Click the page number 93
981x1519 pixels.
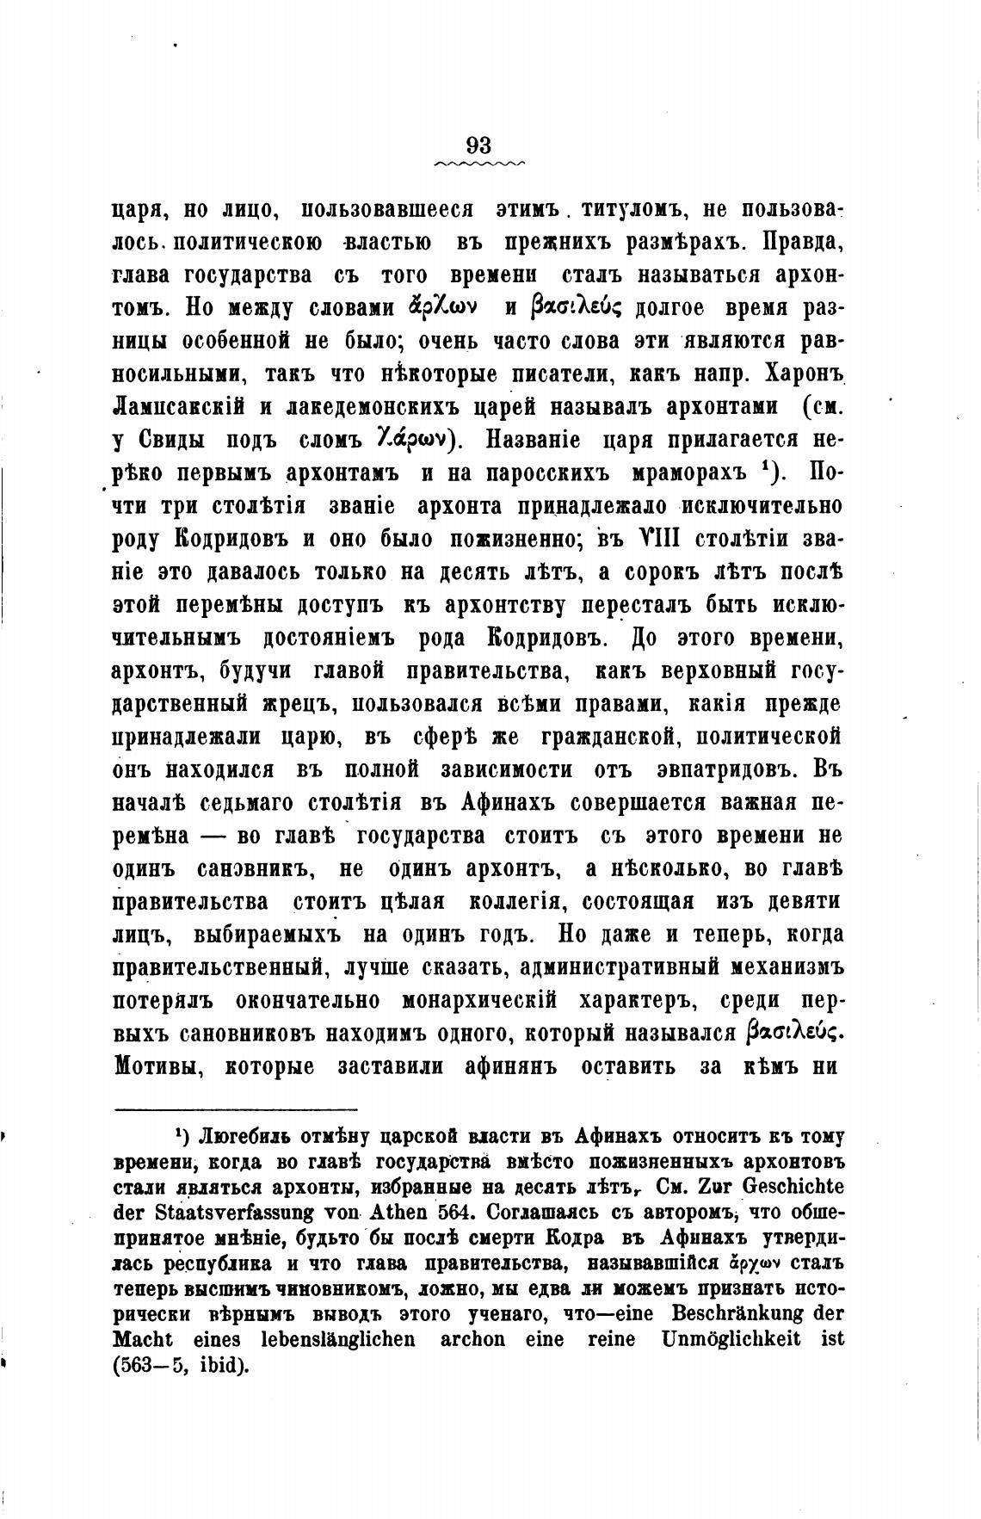click(478, 145)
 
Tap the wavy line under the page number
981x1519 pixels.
click(479, 162)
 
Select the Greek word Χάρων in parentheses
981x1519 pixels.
click(410, 439)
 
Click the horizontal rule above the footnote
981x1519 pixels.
click(236, 1109)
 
